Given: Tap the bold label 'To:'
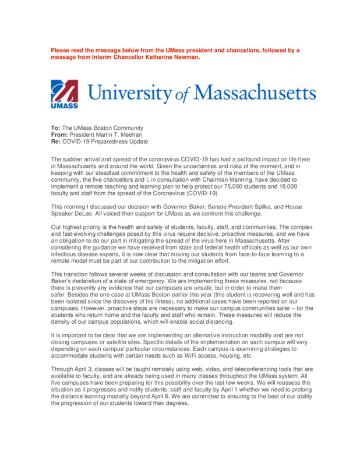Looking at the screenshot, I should tap(56, 128).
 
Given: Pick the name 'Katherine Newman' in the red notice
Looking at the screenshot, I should tap(174, 57).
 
